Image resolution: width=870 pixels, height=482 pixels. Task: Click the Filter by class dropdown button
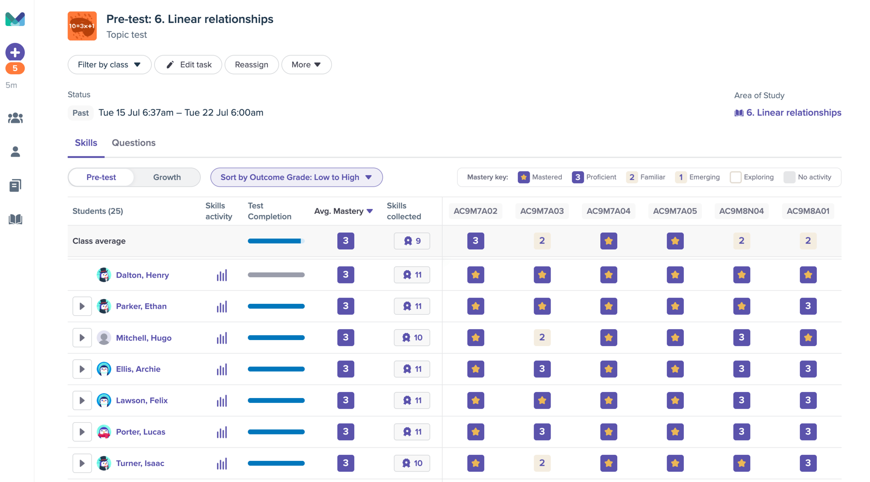click(x=109, y=64)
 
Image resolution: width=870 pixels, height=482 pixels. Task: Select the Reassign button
click(x=251, y=64)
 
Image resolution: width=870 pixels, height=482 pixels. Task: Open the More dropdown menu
click(x=306, y=64)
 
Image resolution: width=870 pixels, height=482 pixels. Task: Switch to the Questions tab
click(x=133, y=143)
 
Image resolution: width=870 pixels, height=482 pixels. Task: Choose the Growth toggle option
click(x=167, y=177)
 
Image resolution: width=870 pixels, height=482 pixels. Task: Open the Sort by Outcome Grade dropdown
click(x=296, y=177)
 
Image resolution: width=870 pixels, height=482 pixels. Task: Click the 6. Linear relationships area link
click(x=787, y=112)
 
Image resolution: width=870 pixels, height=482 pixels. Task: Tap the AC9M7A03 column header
click(x=541, y=211)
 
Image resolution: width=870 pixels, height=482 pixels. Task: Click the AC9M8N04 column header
click(x=741, y=211)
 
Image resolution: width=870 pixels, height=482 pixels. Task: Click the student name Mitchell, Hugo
click(x=143, y=338)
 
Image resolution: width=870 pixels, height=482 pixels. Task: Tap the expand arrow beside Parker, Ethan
click(x=82, y=306)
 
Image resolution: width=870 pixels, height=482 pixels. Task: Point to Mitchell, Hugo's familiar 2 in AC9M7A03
click(x=542, y=337)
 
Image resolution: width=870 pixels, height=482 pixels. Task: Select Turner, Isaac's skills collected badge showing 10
click(x=412, y=463)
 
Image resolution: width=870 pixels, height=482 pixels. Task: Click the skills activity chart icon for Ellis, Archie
click(x=222, y=369)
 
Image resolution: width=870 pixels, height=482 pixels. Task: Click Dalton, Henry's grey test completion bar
click(x=276, y=275)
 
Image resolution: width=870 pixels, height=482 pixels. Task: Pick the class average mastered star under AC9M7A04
click(x=608, y=241)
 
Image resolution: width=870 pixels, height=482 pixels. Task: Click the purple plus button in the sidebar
click(x=15, y=52)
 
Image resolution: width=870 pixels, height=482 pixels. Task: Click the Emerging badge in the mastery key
click(x=680, y=177)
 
